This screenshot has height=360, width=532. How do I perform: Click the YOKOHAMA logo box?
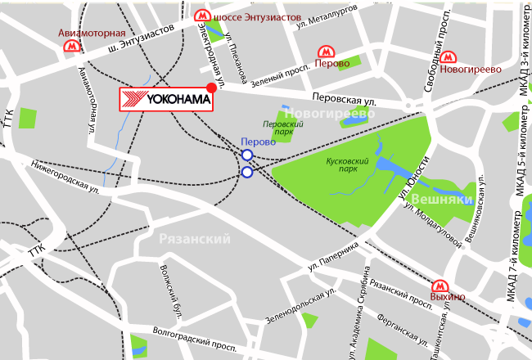167,100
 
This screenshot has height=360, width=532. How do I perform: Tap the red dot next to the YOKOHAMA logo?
211,88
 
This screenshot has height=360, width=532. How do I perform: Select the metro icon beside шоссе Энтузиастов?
201,16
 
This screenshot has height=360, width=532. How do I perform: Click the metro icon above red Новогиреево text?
447,56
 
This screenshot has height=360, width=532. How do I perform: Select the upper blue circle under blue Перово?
246,155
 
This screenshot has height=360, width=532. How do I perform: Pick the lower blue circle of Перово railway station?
246,172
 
